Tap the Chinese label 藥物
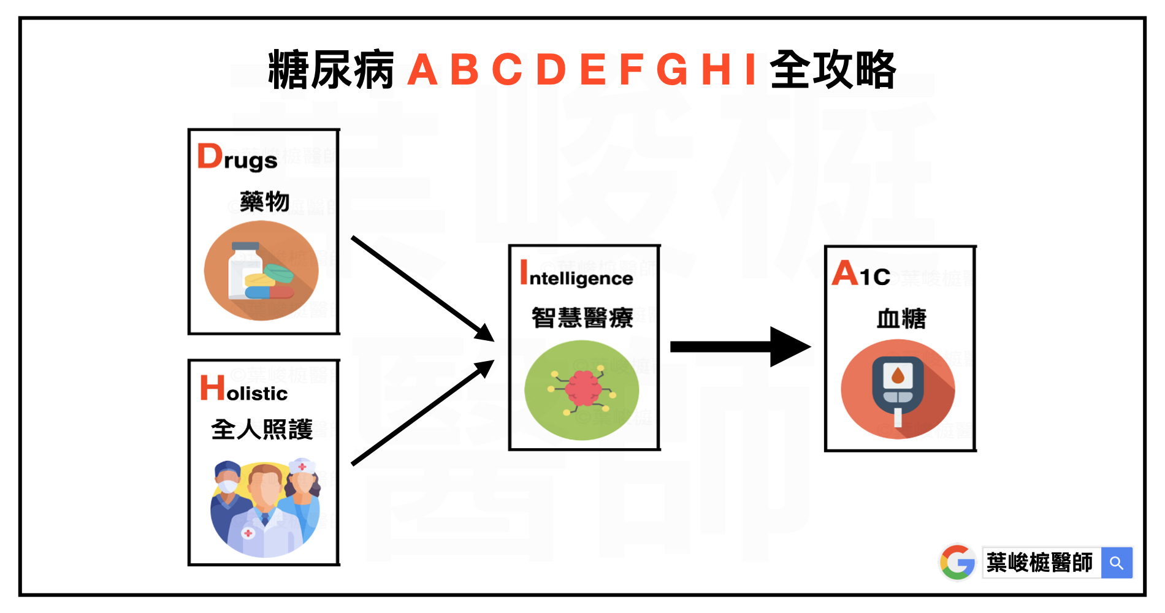(x=264, y=202)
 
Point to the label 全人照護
(x=262, y=429)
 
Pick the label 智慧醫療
(x=582, y=318)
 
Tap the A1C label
(x=861, y=274)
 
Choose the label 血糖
(x=901, y=319)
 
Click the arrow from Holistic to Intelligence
(x=423, y=412)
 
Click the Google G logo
(x=957, y=562)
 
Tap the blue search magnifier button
(x=1117, y=563)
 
